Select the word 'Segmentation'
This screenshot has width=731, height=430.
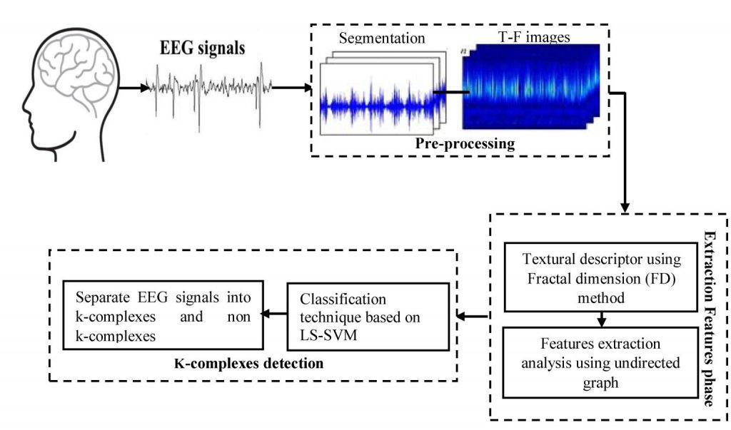tap(382, 36)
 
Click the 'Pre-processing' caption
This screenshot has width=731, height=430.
tap(464, 143)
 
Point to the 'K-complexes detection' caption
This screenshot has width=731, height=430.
tap(248, 363)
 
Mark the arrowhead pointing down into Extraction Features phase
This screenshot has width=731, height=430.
tap(626, 208)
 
